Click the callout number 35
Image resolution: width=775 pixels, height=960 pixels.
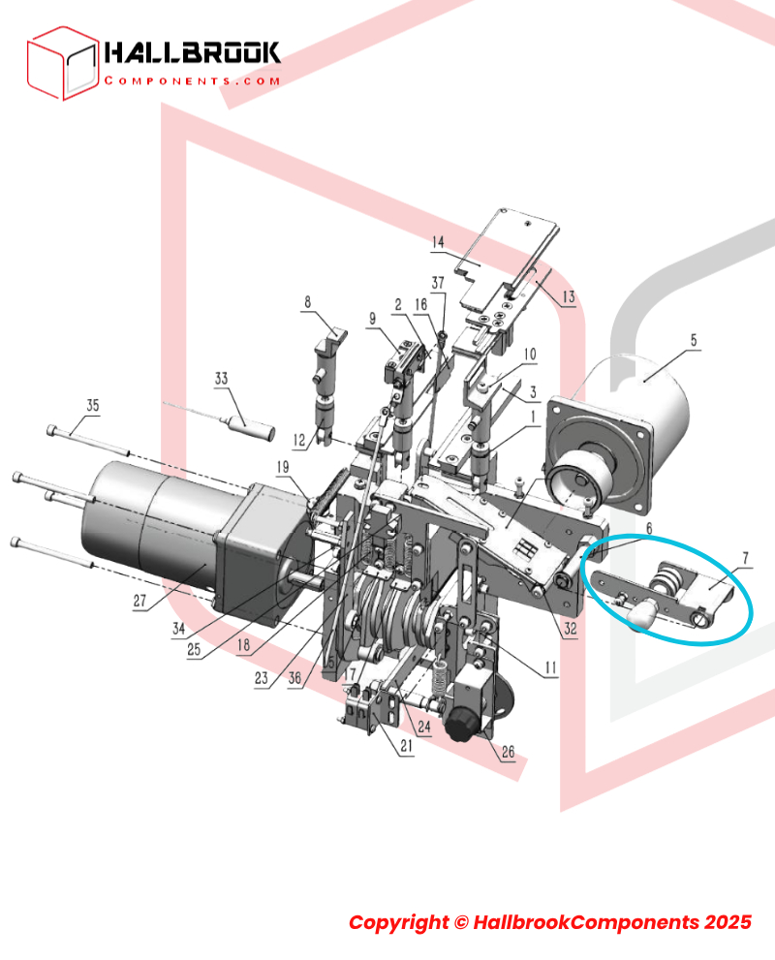pos(92,405)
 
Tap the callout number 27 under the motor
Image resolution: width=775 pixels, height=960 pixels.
pos(140,601)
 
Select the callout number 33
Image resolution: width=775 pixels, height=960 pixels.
pos(221,379)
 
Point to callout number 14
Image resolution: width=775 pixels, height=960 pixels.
pos(438,242)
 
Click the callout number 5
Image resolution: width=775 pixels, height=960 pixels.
pos(694,340)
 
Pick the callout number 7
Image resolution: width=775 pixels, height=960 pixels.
pos(746,558)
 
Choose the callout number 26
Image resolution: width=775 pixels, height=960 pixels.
pos(508,751)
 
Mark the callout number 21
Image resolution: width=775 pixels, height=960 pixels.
pos(407,746)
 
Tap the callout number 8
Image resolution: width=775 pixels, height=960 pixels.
pos(307,302)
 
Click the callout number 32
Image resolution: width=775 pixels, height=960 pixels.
pos(571,628)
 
